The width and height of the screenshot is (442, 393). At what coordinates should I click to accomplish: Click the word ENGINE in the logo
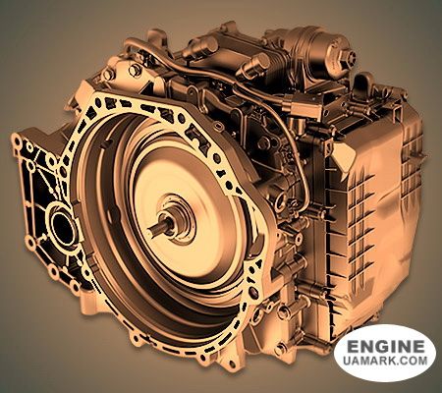(385, 347)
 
